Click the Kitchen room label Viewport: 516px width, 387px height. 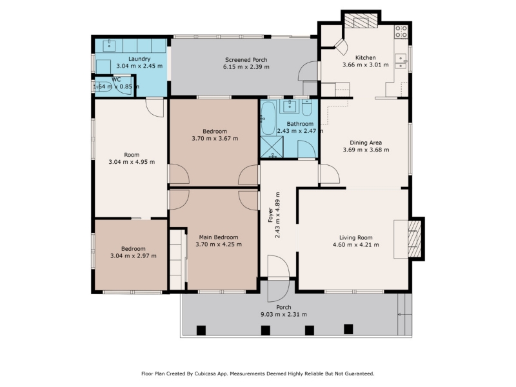[365, 57]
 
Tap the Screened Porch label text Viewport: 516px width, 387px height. [246, 60]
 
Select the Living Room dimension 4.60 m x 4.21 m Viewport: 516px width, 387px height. [356, 245]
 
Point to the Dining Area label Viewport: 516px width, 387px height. [366, 143]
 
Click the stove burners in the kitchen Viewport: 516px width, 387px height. [401, 32]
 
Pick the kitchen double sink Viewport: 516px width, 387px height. [401, 61]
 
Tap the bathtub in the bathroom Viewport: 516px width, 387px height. [268, 119]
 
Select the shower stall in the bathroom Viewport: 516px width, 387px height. [272, 147]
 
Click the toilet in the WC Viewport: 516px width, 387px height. [103, 86]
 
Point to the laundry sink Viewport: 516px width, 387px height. [109, 45]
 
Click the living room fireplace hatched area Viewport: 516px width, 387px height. [414, 238]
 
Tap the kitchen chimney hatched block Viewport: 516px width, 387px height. [361, 21]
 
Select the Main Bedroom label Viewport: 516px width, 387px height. [219, 237]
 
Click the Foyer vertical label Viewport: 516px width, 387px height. [270, 215]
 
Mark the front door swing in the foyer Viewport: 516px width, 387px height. [279, 266]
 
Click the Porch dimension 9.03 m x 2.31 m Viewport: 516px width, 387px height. [284, 315]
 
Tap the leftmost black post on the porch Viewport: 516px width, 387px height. [201, 330]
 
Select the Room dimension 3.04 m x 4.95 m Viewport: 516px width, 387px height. [132, 162]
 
